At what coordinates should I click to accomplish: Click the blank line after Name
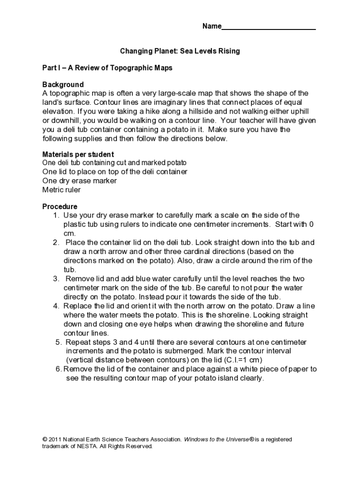point(268,27)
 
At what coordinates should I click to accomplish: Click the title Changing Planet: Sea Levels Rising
point(180,51)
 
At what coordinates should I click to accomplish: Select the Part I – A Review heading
point(107,68)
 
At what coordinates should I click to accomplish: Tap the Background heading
point(63,85)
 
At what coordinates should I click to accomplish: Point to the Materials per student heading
point(78,154)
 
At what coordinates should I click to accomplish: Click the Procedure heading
point(60,206)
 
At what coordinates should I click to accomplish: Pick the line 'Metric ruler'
point(61,190)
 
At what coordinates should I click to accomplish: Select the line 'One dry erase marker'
point(79,181)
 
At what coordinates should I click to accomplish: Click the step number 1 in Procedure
point(55,215)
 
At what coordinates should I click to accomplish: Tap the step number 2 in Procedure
point(55,242)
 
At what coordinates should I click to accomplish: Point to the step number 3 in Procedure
point(55,279)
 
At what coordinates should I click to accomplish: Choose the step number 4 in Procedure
point(55,306)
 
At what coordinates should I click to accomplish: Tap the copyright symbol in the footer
point(44,440)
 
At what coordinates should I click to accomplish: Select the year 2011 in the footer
point(55,440)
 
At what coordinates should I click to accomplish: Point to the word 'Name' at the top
point(211,26)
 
